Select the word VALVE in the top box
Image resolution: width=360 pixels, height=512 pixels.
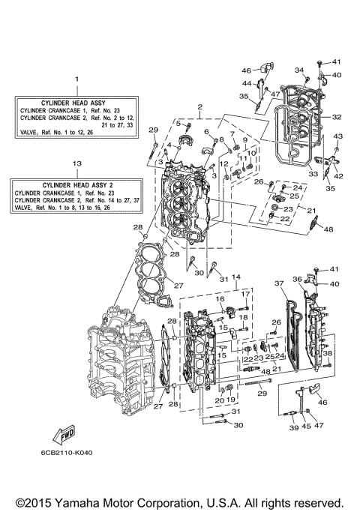click(x=31, y=135)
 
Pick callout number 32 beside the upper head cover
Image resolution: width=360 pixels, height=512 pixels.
click(x=337, y=117)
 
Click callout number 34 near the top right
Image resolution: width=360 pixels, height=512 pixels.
click(x=298, y=70)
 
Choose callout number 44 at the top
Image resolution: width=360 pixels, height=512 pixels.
click(x=247, y=82)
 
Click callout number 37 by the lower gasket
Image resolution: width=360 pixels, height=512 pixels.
click(x=278, y=283)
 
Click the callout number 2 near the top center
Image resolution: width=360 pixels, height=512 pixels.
click(x=199, y=107)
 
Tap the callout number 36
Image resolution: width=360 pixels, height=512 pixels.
click(x=298, y=279)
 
